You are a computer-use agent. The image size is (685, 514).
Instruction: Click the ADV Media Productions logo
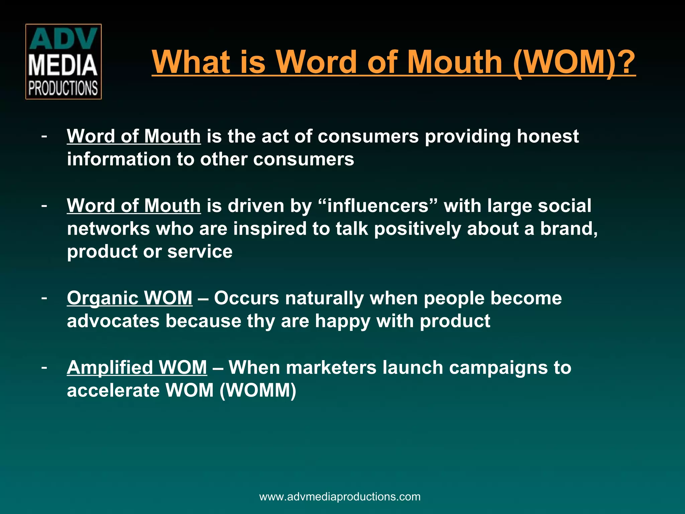[x=63, y=62]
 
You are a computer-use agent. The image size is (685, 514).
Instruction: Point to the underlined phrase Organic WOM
[x=129, y=298]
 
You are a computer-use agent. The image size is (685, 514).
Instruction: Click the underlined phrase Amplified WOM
[x=137, y=367]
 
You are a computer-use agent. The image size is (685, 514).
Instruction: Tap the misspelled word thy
[x=261, y=321]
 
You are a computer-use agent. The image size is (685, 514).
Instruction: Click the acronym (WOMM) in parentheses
[x=258, y=391]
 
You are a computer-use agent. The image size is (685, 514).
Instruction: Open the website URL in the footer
[x=340, y=497]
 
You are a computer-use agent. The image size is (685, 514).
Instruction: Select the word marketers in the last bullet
[x=331, y=367]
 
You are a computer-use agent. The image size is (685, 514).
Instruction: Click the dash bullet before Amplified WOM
[x=44, y=367]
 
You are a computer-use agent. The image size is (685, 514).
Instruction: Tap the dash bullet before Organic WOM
[x=44, y=297]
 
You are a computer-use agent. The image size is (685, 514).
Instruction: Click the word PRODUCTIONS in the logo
[x=63, y=88]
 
